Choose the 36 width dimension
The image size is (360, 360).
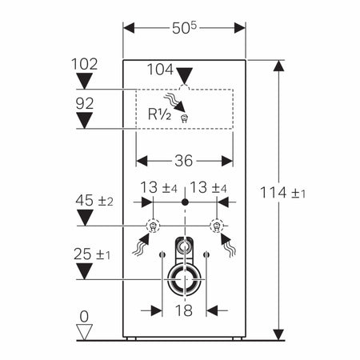[183, 160]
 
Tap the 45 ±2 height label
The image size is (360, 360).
[94, 200]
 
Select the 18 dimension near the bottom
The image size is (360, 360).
[184, 310]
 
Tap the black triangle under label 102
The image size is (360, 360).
[84, 78]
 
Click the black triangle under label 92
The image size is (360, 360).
[84, 120]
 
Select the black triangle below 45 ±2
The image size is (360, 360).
[84, 218]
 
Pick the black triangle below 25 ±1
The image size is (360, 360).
[84, 271]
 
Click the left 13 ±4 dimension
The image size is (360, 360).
[158, 186]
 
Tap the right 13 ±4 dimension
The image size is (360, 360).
[210, 186]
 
